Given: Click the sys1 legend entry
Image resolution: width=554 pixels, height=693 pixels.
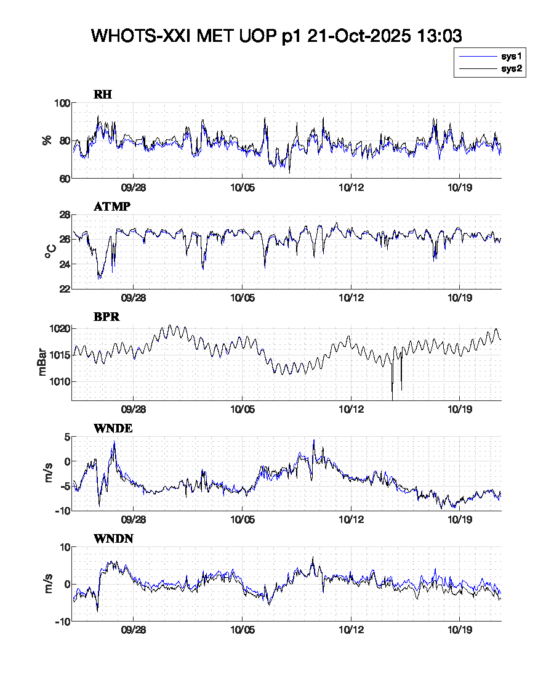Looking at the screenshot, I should pos(511,57).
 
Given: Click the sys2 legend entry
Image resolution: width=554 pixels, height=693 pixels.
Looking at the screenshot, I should pos(511,69).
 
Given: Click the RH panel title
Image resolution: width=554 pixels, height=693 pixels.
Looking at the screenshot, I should pos(102,95).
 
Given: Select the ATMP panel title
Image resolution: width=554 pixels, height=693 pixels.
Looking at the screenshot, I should pos(111,206).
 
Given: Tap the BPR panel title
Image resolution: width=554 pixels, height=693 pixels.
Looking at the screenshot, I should pos(106,317).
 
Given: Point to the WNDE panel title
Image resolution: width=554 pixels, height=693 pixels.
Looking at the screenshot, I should pos(113,429).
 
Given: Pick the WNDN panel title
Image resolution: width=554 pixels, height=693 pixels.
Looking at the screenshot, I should pos(113,539).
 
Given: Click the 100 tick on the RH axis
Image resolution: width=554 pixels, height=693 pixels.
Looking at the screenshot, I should pos(61,103).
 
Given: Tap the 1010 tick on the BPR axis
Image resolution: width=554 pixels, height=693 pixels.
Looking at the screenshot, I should pos(58,381).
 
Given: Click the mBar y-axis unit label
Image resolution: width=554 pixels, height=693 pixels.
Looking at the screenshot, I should pos(42,363).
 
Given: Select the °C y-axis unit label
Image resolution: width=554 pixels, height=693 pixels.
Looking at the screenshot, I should pos(50,251).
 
